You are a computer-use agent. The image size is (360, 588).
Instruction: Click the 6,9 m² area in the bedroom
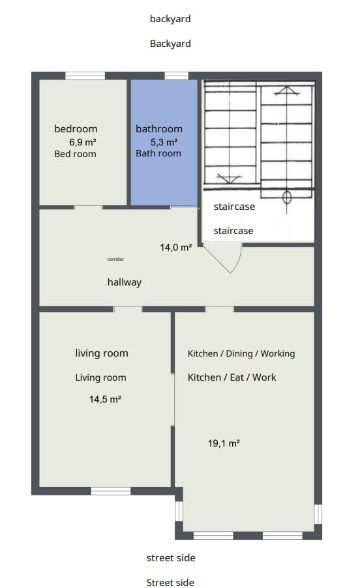pyautogui.click(x=82, y=142)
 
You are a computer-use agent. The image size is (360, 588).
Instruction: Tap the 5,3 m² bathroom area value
pyautogui.click(x=164, y=142)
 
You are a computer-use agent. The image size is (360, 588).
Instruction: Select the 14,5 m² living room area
pyautogui.click(x=105, y=399)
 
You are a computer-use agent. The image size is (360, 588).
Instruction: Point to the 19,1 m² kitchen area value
pyautogui.click(x=224, y=443)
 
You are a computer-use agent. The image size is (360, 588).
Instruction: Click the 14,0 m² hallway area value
pyautogui.click(x=176, y=247)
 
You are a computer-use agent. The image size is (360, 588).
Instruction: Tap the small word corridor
pyautogui.click(x=115, y=259)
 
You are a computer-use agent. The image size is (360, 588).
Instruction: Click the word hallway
pyautogui.click(x=125, y=282)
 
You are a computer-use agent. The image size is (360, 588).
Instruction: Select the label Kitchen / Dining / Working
pyautogui.click(x=241, y=353)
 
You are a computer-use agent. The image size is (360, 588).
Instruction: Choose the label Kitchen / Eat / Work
pyautogui.click(x=232, y=377)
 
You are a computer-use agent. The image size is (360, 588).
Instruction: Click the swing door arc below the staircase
pyautogui.click(x=239, y=261)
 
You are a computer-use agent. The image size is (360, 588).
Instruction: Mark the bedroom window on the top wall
pyautogui.click(x=85, y=76)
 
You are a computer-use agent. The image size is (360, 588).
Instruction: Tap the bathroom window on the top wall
pyautogui.click(x=176, y=76)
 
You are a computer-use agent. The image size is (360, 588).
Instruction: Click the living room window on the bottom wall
pyautogui.click(x=111, y=491)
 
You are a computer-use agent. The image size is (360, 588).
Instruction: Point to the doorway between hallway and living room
pyautogui.click(x=128, y=309)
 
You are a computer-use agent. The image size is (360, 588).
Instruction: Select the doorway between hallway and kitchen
pyautogui.click(x=219, y=309)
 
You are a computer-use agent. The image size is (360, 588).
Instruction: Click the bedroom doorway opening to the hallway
pyautogui.click(x=88, y=207)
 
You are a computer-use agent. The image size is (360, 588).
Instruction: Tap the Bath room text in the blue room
pyautogui.click(x=158, y=153)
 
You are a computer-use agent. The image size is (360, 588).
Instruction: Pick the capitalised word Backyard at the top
pyautogui.click(x=170, y=44)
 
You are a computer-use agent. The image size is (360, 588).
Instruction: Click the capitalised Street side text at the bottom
pyautogui.click(x=170, y=582)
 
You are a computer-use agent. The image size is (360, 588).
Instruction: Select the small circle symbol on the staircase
pyautogui.click(x=287, y=197)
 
